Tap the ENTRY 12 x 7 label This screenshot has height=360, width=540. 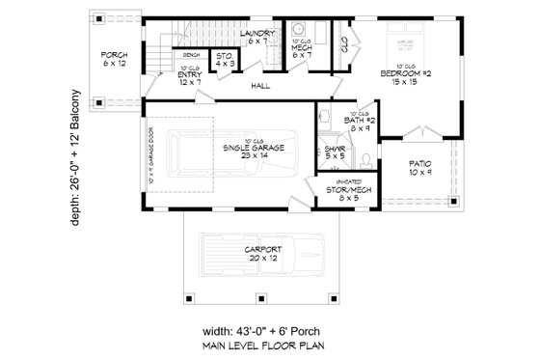[x=189, y=78]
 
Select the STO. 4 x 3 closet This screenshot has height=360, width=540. [x=224, y=60]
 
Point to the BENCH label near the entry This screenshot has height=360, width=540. [x=190, y=55]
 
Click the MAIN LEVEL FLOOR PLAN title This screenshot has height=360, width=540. [x=278, y=345]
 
